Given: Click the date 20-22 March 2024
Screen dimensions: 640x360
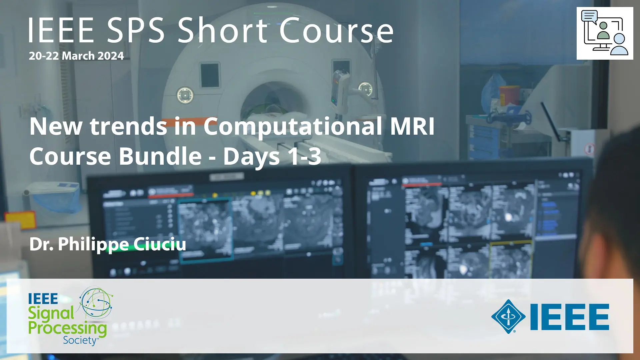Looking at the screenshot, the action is (x=76, y=56).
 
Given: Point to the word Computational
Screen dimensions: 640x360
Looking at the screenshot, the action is (x=293, y=127).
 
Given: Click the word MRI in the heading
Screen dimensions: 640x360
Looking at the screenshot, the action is (x=412, y=126).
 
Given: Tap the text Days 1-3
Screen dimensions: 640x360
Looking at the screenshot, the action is (x=272, y=157).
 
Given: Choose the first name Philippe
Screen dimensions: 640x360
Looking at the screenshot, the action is (x=93, y=244).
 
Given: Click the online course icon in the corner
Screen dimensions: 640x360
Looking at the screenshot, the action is (x=605, y=33).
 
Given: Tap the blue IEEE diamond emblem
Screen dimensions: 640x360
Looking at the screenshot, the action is (x=508, y=316).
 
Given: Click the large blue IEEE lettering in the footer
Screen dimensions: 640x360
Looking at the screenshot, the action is (x=570, y=317).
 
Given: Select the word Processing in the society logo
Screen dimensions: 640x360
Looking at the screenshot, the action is (x=67, y=328).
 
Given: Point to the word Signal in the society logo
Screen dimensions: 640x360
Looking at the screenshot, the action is (x=51, y=313).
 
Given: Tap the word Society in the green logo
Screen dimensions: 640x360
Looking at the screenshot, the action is (x=80, y=340).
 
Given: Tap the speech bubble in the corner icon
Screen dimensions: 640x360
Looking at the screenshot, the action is (x=589, y=16).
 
